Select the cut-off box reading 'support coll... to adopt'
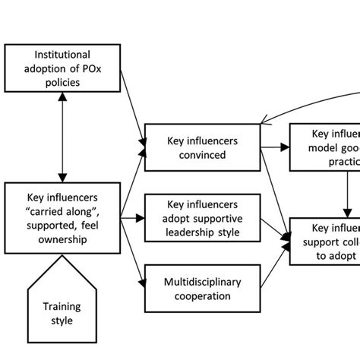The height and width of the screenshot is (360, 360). point(325,242)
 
